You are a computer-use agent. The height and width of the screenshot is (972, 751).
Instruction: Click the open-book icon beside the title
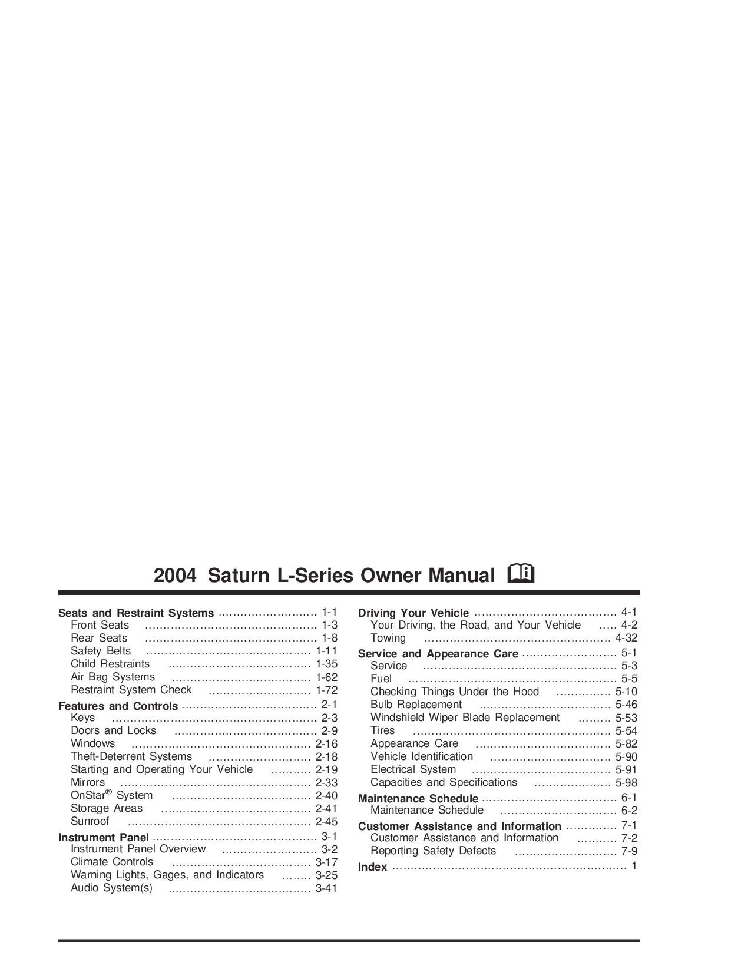[x=521, y=574]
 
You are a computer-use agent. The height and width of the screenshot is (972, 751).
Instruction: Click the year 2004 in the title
[x=175, y=576]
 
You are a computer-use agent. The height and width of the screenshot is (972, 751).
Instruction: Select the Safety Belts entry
[x=101, y=651]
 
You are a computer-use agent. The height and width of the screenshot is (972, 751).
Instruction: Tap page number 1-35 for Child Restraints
[x=326, y=664]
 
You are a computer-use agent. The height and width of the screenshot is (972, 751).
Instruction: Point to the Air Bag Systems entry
[x=113, y=677]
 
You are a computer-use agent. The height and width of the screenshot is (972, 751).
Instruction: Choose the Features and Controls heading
[x=118, y=706]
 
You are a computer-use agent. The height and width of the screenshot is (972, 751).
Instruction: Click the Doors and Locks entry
[x=113, y=730]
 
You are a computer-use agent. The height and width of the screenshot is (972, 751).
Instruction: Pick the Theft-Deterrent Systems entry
[x=131, y=756]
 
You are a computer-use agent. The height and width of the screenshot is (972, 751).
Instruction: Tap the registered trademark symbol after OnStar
[x=108, y=792]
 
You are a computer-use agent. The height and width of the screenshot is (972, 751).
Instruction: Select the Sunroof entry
[x=90, y=821]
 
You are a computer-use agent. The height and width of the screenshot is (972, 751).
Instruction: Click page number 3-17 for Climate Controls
[x=326, y=862]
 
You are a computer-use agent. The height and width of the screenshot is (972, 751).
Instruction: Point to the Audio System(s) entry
[x=112, y=888]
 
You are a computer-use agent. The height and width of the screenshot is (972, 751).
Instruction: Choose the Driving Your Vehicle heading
[x=413, y=613]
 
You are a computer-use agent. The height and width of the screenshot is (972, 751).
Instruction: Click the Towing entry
[x=388, y=638]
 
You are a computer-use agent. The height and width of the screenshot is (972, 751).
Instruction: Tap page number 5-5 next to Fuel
[x=629, y=679]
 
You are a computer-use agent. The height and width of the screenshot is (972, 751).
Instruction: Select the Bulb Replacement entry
[x=416, y=705]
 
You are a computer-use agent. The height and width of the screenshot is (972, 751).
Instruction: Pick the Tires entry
[x=382, y=730]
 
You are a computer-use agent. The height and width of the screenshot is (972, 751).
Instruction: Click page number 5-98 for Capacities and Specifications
[x=626, y=783]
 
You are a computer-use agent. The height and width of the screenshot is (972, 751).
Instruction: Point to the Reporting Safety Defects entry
[x=434, y=850]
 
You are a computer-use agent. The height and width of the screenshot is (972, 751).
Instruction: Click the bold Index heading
[x=373, y=867]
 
